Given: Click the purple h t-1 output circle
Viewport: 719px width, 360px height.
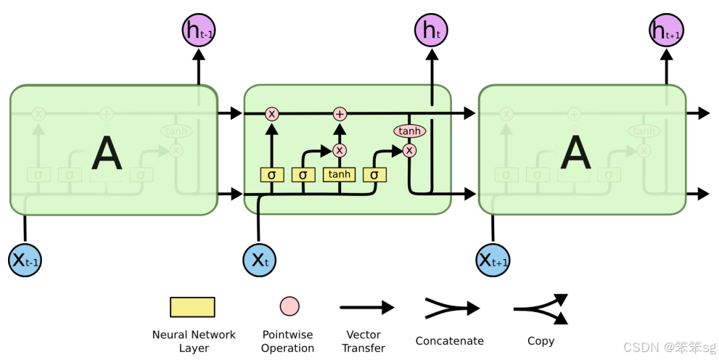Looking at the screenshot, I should click(x=198, y=30).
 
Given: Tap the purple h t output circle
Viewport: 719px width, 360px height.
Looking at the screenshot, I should click(x=432, y=30).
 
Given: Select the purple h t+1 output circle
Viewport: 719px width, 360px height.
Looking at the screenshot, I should click(x=666, y=30).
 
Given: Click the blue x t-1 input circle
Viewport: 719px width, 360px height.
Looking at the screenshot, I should click(x=25, y=259).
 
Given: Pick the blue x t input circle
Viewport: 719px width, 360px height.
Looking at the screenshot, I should click(x=259, y=259).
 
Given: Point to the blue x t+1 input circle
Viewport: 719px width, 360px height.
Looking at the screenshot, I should click(x=493, y=259).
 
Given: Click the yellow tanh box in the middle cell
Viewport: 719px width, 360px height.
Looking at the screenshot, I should click(x=339, y=174).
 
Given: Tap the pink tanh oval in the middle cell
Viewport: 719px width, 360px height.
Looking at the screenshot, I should click(x=409, y=131).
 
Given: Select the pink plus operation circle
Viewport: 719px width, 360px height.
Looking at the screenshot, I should click(x=340, y=113).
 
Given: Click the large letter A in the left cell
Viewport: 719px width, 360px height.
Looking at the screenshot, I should click(x=107, y=153).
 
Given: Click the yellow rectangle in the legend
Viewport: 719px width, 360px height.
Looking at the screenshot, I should click(x=192, y=307).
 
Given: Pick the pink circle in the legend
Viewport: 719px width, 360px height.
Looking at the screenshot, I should click(x=289, y=306).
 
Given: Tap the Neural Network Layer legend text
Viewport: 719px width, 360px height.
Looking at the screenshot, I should click(x=194, y=341).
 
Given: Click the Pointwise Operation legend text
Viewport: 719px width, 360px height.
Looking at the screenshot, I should click(x=288, y=341).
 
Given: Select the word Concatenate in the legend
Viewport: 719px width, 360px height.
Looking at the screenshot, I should click(x=450, y=340).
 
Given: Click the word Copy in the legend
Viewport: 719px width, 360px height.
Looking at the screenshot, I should click(x=541, y=340).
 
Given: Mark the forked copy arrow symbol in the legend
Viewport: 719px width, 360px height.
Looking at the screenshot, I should click(x=541, y=308).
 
